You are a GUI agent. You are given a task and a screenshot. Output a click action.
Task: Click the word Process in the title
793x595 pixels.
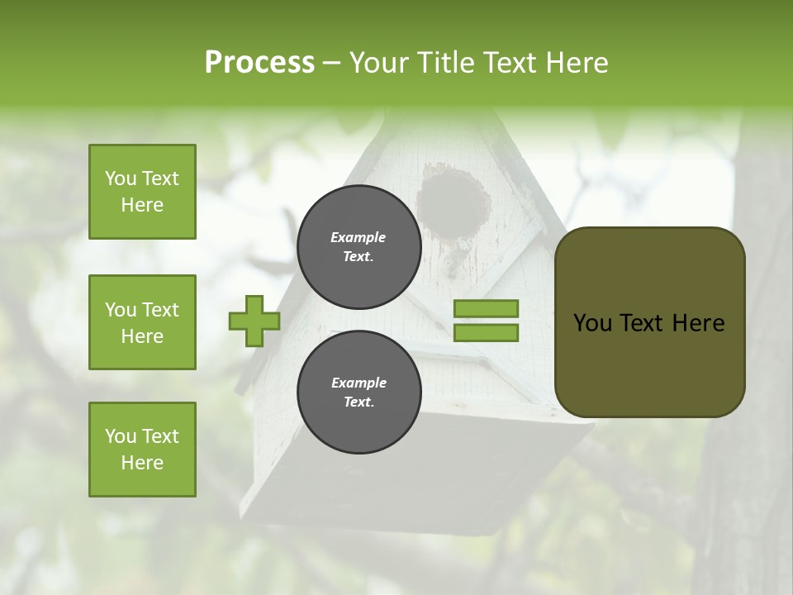(x=259, y=63)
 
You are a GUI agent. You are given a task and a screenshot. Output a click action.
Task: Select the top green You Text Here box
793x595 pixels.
(x=142, y=192)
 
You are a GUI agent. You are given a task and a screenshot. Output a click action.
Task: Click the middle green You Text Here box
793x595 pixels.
(x=142, y=322)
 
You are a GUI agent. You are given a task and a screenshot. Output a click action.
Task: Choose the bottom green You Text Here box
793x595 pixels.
(x=142, y=450)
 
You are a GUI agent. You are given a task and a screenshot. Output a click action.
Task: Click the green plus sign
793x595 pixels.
(x=254, y=321)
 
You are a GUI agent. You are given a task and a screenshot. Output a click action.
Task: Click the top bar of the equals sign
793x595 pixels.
(x=487, y=309)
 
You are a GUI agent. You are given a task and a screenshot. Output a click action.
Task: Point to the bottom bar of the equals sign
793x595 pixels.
(x=487, y=333)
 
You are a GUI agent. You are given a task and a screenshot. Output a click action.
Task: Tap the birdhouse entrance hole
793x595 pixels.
(x=453, y=198)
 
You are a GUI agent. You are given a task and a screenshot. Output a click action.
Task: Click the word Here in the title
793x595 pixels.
(x=579, y=63)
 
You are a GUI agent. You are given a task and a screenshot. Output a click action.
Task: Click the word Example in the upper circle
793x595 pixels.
(x=359, y=237)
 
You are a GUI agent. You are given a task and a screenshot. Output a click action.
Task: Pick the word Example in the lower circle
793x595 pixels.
(x=359, y=383)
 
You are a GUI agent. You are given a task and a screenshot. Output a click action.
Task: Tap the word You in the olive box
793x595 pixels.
(x=593, y=323)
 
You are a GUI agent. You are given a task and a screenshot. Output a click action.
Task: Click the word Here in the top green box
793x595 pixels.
(x=142, y=205)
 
